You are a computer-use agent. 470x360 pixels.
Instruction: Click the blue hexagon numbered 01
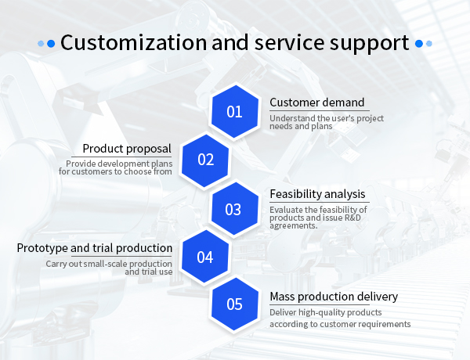pyautogui.click(x=235, y=111)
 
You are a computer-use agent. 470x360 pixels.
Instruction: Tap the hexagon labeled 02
pyautogui.click(x=205, y=160)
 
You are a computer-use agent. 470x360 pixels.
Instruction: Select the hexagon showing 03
pyautogui.click(x=235, y=209)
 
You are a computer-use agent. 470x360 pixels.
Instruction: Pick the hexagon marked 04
pyautogui.click(x=205, y=257)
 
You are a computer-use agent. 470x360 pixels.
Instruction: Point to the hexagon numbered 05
pyautogui.click(x=235, y=304)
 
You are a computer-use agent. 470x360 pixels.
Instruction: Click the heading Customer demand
pyautogui.click(x=316, y=103)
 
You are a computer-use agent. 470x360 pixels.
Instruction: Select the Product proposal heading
pyautogui.click(x=127, y=149)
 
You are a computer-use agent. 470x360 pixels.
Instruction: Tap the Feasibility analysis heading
pyautogui.click(x=317, y=194)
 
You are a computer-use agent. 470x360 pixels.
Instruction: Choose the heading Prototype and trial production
pyautogui.click(x=95, y=248)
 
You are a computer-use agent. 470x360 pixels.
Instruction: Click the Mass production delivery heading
pyautogui.click(x=334, y=297)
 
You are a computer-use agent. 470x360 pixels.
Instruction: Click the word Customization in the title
pyautogui.click(x=134, y=42)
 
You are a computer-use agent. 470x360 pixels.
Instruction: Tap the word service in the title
pyautogui.click(x=289, y=43)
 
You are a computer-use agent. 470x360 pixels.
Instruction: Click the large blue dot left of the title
pyautogui.click(x=51, y=44)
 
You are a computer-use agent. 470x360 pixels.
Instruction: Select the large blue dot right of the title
pyautogui.click(x=419, y=44)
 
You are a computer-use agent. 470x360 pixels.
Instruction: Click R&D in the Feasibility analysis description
pyautogui.click(x=352, y=218)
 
